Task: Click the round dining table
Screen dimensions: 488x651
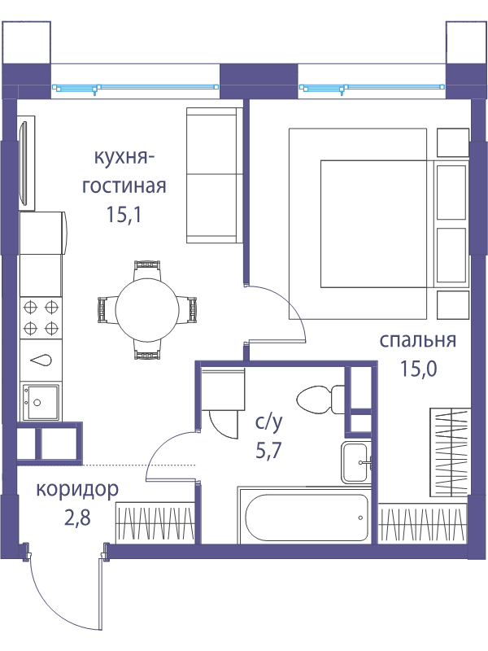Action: tap(147, 309)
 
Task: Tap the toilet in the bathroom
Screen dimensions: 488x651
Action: tap(320, 400)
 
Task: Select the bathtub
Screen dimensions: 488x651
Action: tap(307, 518)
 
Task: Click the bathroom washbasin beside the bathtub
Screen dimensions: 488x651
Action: tap(355, 462)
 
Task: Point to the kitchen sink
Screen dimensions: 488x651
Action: tap(41, 402)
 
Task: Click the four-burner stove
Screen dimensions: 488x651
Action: tap(41, 318)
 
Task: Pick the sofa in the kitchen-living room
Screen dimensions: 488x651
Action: tap(215, 175)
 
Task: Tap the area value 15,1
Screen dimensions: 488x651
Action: tap(124, 215)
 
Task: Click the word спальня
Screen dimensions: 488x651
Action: tap(418, 341)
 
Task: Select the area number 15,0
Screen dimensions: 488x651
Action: tap(418, 369)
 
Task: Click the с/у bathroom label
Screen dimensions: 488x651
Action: tap(269, 422)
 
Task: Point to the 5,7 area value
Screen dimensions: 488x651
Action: tap(268, 451)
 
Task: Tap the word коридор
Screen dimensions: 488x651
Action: tap(77, 491)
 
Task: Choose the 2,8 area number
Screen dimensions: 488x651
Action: tap(77, 518)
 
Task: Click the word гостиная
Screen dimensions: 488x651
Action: tap(124, 186)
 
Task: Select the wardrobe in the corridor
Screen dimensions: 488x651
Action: tap(155, 522)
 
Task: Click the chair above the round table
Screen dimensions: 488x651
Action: tap(147, 270)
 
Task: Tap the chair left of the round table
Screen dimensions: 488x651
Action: tap(107, 309)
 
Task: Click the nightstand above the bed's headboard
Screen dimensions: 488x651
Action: tap(453, 142)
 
